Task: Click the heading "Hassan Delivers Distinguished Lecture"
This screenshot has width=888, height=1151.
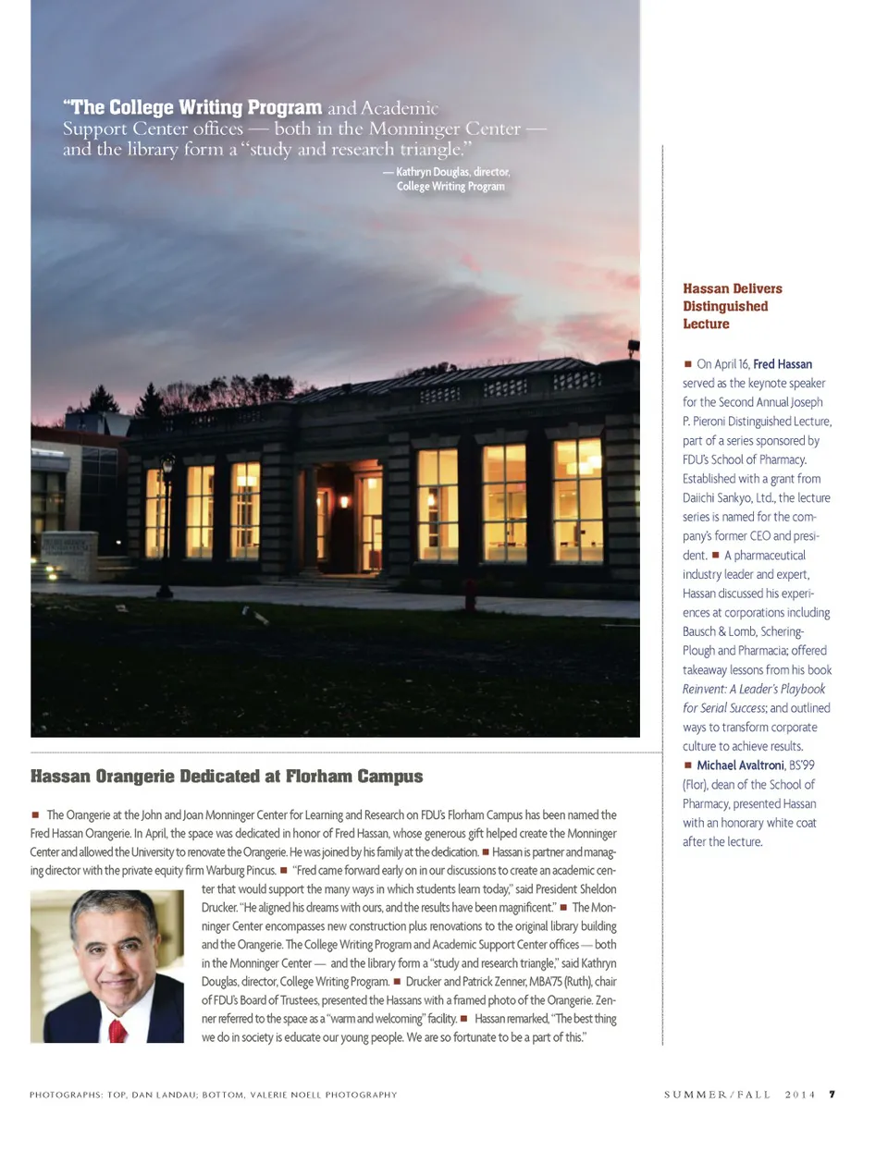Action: coord(732,306)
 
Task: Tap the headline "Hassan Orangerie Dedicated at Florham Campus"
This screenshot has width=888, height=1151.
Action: coord(227,777)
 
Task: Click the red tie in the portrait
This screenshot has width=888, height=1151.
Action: coord(117,1030)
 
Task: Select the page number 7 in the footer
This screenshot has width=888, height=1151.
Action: coord(832,1095)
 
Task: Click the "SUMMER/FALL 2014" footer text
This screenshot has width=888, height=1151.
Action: coord(739,1095)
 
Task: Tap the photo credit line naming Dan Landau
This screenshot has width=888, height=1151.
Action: coord(213,1095)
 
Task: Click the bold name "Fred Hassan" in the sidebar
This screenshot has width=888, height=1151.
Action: coord(783,364)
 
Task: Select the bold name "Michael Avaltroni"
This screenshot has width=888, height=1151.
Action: coord(740,765)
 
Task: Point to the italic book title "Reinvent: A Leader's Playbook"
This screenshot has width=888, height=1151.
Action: coord(753,689)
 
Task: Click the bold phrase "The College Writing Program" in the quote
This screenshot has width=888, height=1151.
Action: coord(192,107)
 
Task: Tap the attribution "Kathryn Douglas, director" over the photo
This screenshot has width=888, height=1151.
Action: coord(452,172)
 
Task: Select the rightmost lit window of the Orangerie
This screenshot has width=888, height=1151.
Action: coord(577,500)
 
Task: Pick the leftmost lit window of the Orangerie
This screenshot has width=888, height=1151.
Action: coord(156,512)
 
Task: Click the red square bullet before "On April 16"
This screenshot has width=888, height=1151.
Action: coord(687,364)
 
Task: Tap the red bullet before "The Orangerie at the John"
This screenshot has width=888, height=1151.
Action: coord(35,815)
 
